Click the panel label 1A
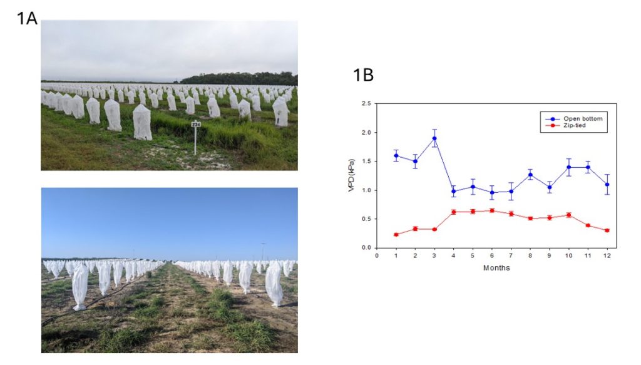point(27,18)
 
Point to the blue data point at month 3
point(434,138)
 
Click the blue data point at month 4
point(453,192)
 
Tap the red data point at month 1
point(396,235)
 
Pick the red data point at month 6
point(492,210)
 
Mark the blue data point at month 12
point(607,184)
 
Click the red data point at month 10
point(569,215)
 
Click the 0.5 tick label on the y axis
point(366,219)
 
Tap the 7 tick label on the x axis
point(511,255)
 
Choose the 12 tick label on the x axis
point(607,255)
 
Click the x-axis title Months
point(496,268)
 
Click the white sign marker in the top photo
point(195,124)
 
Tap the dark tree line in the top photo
point(238,78)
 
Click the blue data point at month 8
point(530,175)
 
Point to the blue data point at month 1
point(396,155)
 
